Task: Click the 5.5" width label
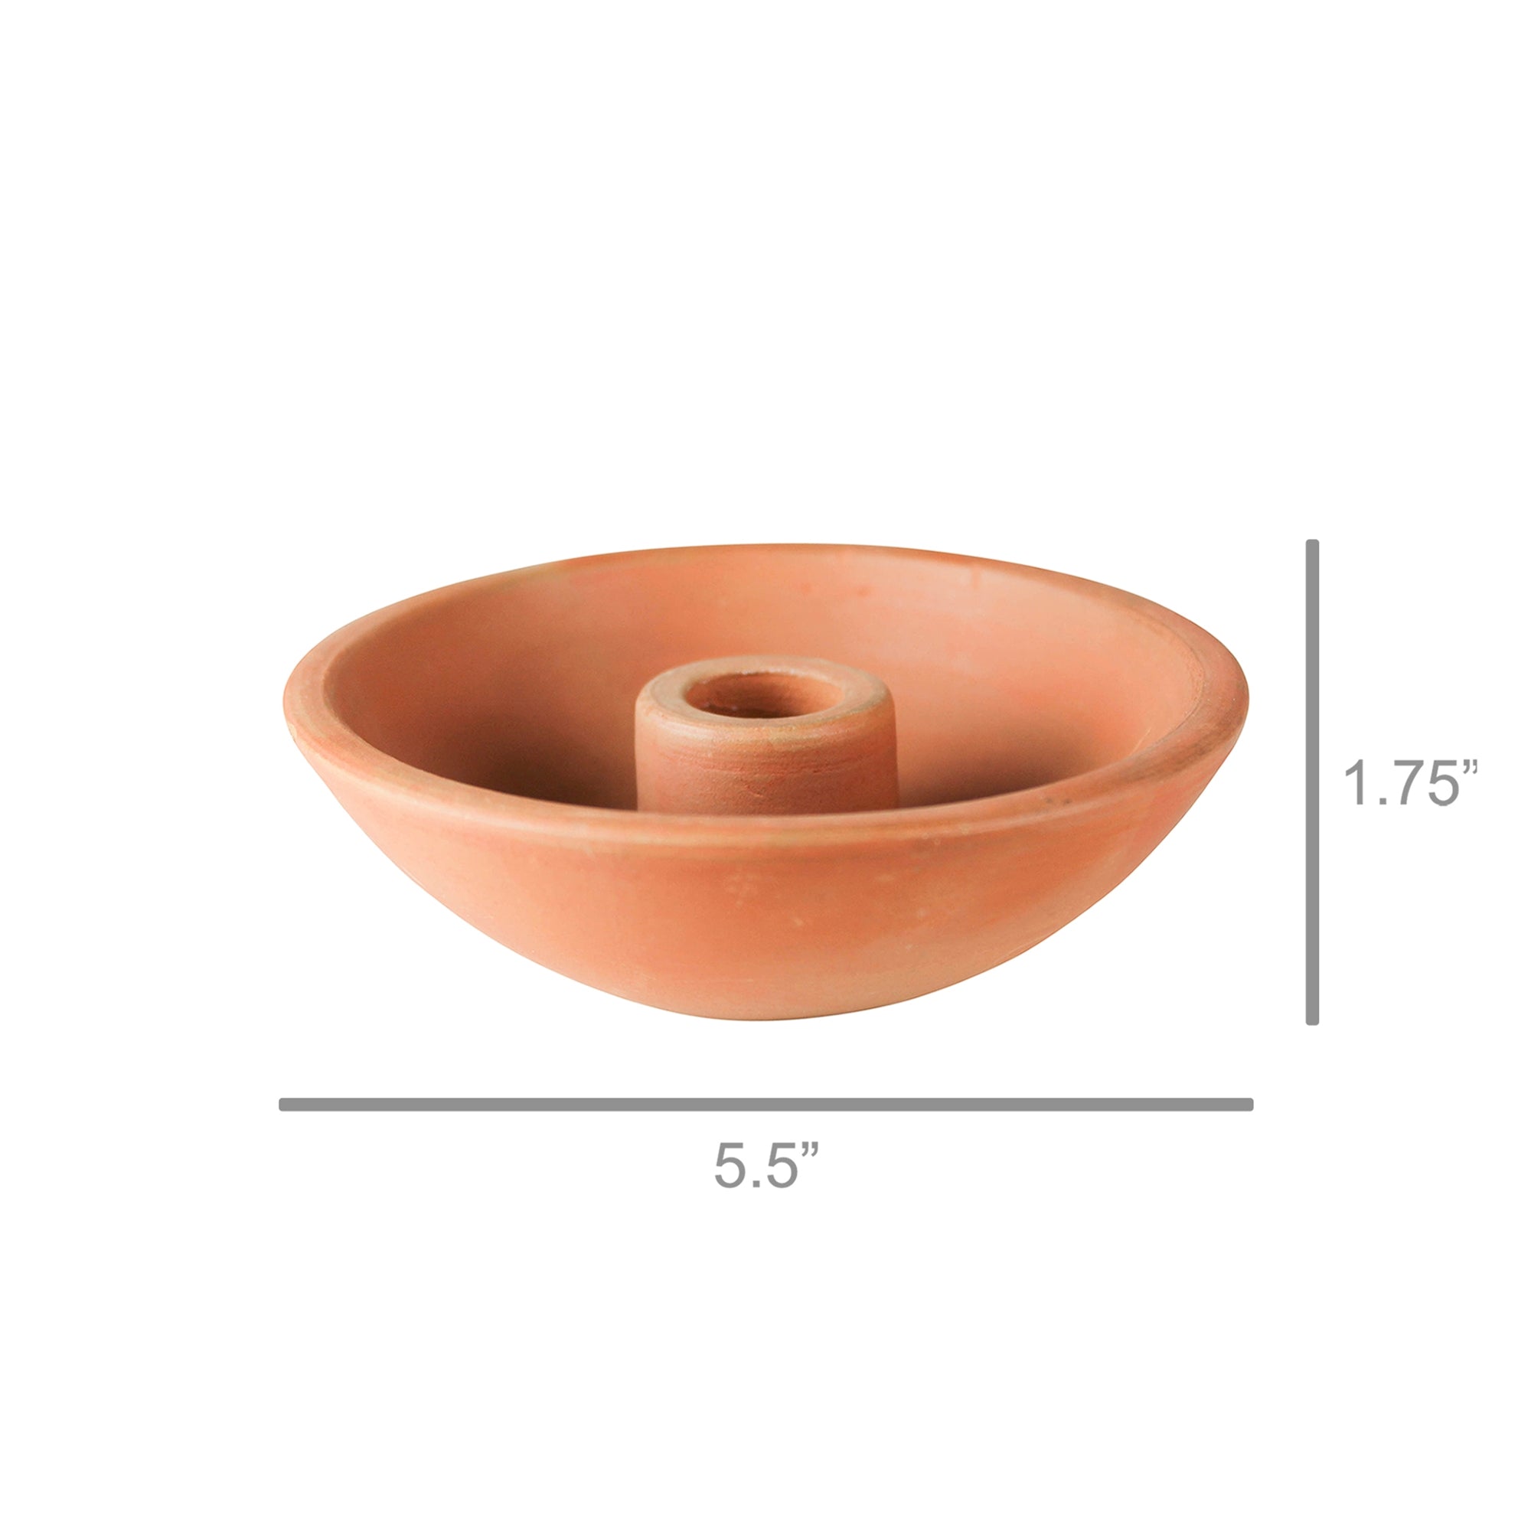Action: coord(766,1165)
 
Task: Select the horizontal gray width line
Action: coord(766,1105)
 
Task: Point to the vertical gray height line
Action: coord(1311,783)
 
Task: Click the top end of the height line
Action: coord(1311,544)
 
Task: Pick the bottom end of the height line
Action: coord(1311,1021)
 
